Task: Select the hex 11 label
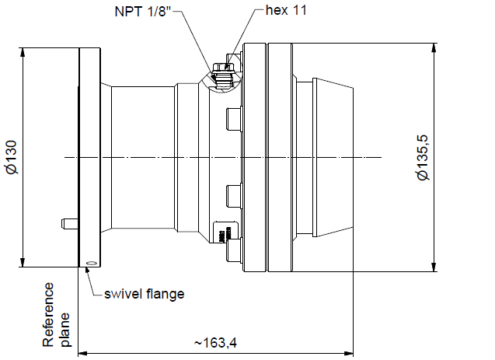(288, 11)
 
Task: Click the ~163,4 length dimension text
(216, 343)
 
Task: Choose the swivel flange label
(144, 293)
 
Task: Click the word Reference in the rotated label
(50, 315)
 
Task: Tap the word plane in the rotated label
(67, 329)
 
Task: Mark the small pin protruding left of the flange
(69, 224)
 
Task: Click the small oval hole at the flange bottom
(92, 262)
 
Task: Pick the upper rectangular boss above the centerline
(232, 120)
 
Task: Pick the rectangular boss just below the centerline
(232, 194)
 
